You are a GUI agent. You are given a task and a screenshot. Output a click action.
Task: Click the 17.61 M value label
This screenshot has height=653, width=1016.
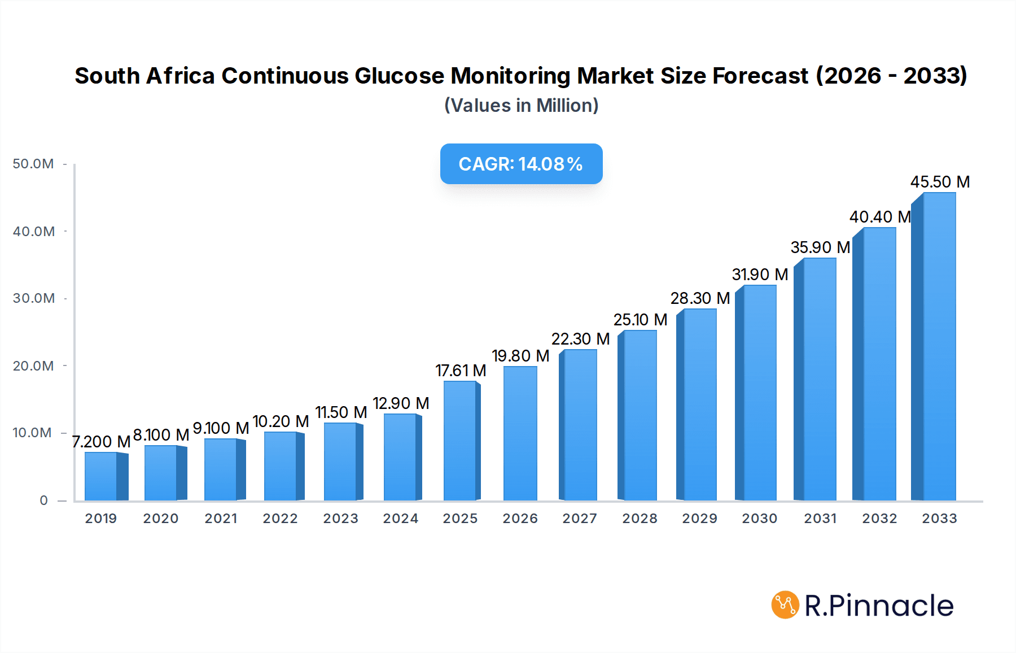coord(461,371)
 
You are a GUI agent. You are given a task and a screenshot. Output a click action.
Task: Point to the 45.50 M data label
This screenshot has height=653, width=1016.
coord(940,182)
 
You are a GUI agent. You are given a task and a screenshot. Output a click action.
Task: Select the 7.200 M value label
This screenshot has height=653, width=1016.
coord(102,442)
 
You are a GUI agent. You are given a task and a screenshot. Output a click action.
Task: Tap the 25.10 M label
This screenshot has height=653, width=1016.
coord(640,320)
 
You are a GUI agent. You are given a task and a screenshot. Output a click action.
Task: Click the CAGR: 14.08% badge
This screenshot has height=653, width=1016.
coord(521,164)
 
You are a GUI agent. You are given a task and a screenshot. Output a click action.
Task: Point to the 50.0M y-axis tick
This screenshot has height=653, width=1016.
coord(33,164)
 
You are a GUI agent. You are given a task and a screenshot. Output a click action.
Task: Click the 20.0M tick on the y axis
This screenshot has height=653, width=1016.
coord(33,366)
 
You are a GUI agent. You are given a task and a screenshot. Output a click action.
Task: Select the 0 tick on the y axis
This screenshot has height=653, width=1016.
coord(43,500)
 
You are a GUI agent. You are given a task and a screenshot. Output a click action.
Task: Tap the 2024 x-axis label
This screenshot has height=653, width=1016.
coord(400,519)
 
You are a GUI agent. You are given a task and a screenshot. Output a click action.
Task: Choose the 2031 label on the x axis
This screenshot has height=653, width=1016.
coord(820,519)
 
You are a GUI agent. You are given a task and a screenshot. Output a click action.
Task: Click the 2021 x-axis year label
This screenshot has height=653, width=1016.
coord(221,519)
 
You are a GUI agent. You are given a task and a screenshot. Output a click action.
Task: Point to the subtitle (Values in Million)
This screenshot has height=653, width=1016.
coord(521,106)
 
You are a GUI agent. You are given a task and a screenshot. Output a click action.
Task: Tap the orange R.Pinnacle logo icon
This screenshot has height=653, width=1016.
coord(785,605)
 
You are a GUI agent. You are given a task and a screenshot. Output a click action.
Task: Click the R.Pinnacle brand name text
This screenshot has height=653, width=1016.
coord(879,606)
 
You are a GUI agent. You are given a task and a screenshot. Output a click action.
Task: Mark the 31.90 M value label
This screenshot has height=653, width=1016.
coord(760,275)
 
